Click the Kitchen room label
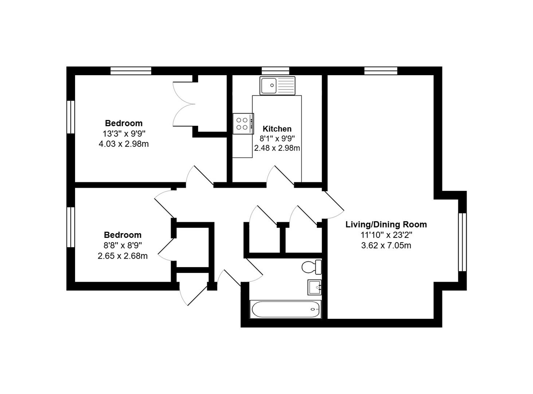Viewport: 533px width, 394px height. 277,129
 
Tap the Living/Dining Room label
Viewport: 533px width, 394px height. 386,225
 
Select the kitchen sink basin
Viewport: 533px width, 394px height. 269,85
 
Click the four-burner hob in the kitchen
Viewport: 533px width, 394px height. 243,123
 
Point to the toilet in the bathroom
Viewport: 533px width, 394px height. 312,267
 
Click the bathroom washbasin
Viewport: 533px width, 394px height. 314,287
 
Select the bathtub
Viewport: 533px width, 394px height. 285,309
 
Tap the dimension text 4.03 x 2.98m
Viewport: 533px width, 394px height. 124,144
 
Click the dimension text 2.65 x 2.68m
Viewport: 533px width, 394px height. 122,256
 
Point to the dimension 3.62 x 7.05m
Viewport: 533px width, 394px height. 386,246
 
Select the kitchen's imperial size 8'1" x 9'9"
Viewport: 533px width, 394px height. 277,139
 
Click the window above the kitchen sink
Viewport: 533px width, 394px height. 275,71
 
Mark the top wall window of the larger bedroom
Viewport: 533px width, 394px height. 131,71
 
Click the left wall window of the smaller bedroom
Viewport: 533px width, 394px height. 71,227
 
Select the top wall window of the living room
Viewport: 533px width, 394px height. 381,71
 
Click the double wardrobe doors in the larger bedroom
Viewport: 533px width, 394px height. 184,104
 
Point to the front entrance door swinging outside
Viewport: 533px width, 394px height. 193,295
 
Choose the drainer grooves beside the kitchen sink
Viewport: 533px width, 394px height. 286,85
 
